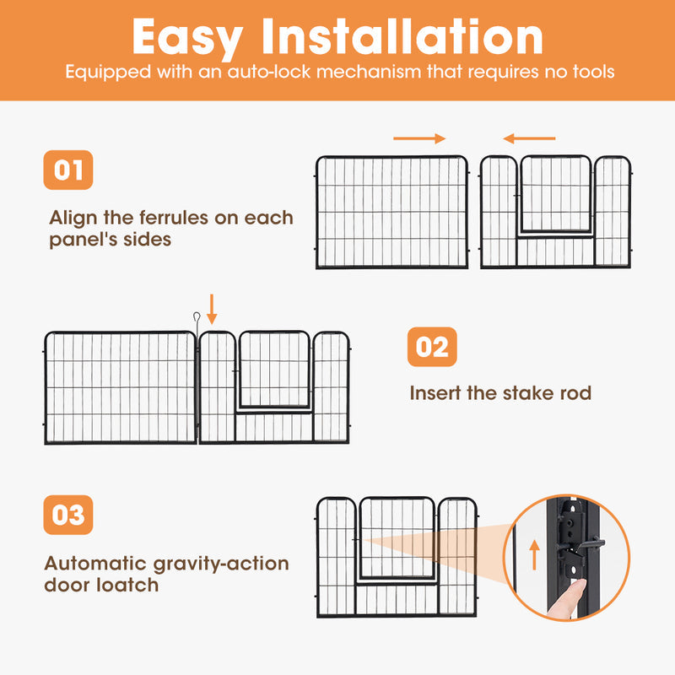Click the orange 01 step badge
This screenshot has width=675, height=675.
tap(67, 170)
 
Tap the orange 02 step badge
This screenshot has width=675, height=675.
tap(432, 347)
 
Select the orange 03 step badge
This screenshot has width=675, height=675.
tap(67, 515)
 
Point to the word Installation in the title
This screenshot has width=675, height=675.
tap(405, 37)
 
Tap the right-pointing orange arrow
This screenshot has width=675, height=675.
tap(419, 138)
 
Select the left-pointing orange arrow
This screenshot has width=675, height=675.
tap(529, 138)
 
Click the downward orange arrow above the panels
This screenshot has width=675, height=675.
tap(212, 309)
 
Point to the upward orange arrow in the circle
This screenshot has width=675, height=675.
tap(533, 556)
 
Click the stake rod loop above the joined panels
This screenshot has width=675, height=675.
tap(194, 320)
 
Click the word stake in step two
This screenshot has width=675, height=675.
tap(532, 393)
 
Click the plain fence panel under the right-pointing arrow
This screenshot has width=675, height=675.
tap(391, 212)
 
